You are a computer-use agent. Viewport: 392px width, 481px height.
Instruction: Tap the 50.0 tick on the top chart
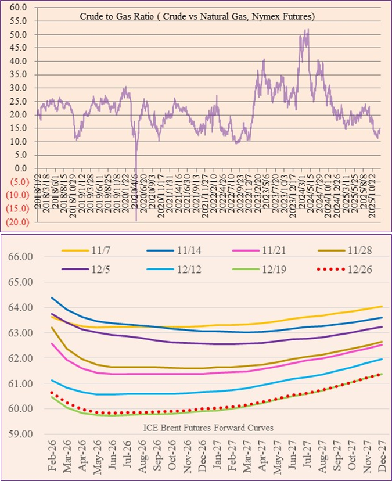[x=17, y=34]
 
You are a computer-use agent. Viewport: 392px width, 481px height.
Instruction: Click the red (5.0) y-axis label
[x=17, y=182]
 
